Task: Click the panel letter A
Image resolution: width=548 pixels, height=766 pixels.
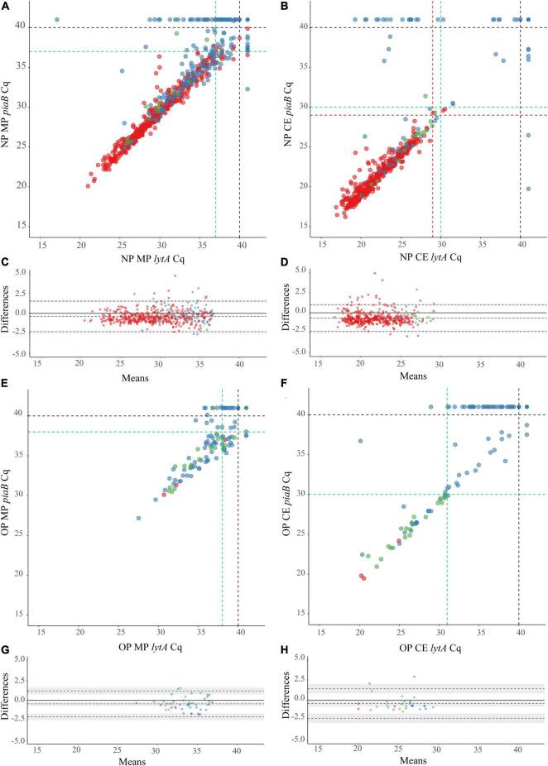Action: click(5, 7)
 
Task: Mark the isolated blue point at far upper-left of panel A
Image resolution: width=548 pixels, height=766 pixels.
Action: click(56, 19)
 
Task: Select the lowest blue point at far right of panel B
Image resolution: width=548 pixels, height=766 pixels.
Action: click(529, 189)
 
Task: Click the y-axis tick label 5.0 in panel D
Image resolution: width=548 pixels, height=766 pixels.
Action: click(300, 270)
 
